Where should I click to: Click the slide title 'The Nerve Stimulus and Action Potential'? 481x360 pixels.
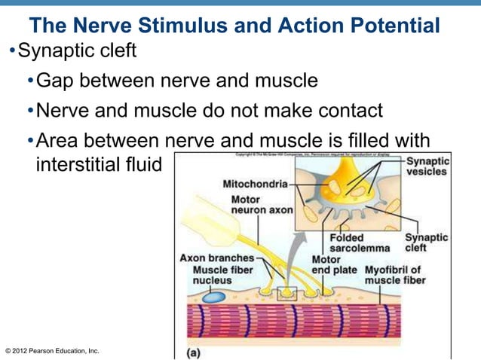coord(234,26)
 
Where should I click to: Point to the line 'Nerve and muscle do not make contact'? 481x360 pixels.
coord(210,111)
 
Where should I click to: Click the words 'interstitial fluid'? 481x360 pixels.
coord(99,163)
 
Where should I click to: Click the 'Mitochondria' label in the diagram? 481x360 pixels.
coord(255,183)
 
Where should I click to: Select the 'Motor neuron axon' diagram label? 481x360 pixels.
coord(262,205)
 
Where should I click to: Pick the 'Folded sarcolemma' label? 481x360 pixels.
coord(360,243)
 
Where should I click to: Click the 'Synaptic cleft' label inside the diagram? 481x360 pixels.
coord(426,243)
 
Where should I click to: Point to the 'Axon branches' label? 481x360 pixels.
coord(216,258)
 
